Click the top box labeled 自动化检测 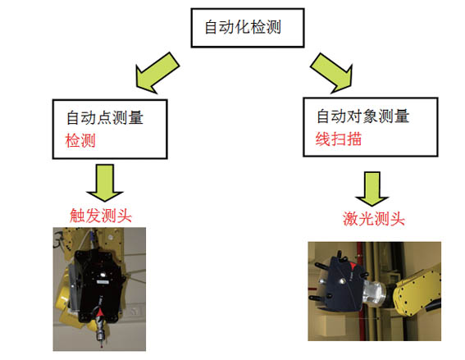pyautogui.click(x=248, y=28)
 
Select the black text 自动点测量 pyautogui.click(x=105, y=117)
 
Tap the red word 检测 pyautogui.click(x=80, y=140)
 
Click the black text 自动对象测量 pyautogui.click(x=363, y=116)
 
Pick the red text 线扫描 pyautogui.click(x=339, y=139)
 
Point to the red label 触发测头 pyautogui.click(x=101, y=216)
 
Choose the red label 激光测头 pyautogui.click(x=374, y=219)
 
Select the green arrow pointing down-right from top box pyautogui.click(x=333, y=73)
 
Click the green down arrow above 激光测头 pyautogui.click(x=372, y=189)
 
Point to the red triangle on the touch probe pyautogui.click(x=100, y=312)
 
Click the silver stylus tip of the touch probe pyautogui.click(x=102, y=345)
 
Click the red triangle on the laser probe pyautogui.click(x=353, y=266)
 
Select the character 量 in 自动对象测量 pyautogui.click(x=402, y=116)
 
